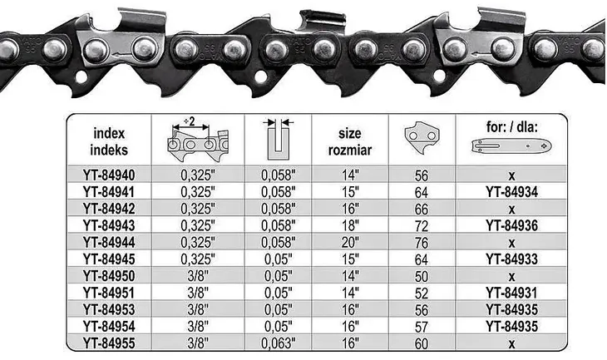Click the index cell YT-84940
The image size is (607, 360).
click(109, 175)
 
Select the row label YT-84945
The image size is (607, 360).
click(109, 259)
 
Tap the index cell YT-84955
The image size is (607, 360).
click(109, 343)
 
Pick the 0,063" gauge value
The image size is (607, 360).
click(279, 343)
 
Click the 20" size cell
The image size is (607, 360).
click(350, 242)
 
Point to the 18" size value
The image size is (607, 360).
click(350, 225)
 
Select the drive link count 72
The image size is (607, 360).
click(422, 226)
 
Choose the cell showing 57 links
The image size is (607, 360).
click(422, 327)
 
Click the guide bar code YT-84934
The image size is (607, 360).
click(511, 192)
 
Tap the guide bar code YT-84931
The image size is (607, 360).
click(511, 293)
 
